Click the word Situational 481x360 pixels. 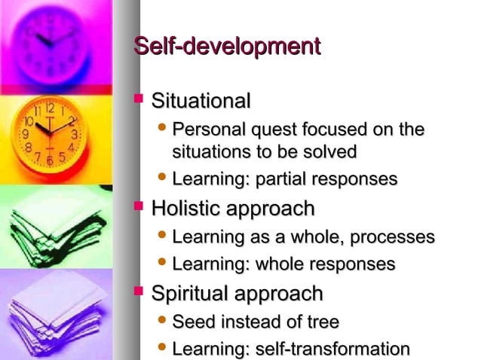[201, 100]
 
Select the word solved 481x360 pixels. [329, 151]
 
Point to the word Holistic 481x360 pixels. [183, 208]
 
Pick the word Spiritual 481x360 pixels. [188, 293]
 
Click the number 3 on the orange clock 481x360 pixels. [75, 134]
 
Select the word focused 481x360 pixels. [331, 130]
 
